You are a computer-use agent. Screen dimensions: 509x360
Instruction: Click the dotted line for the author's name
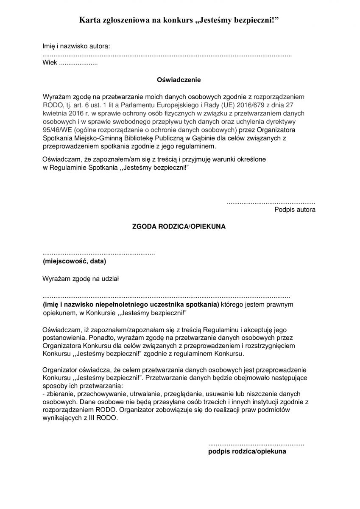pyautogui.click(x=167, y=56)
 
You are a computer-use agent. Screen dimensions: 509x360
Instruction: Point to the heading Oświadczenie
pyautogui.click(x=179, y=79)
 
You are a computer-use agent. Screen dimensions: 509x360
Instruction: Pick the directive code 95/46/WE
pyautogui.click(x=58, y=129)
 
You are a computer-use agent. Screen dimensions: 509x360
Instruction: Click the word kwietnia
pyautogui.click(x=56, y=114)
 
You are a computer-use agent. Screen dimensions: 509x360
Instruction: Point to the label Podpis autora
pyautogui.click(x=295, y=210)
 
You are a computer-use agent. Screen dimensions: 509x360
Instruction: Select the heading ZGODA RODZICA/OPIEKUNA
pyautogui.click(x=179, y=227)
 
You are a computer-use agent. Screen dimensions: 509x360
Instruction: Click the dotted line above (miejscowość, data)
pyautogui.click(x=99, y=253)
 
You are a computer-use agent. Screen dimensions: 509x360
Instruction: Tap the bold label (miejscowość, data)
pyautogui.click(x=74, y=261)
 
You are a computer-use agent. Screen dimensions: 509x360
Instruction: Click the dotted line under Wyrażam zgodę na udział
pyautogui.click(x=166, y=297)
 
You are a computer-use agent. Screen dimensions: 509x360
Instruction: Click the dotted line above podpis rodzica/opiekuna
pyautogui.click(x=256, y=444)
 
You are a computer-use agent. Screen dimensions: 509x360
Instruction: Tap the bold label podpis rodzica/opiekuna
pyautogui.click(x=247, y=451)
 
